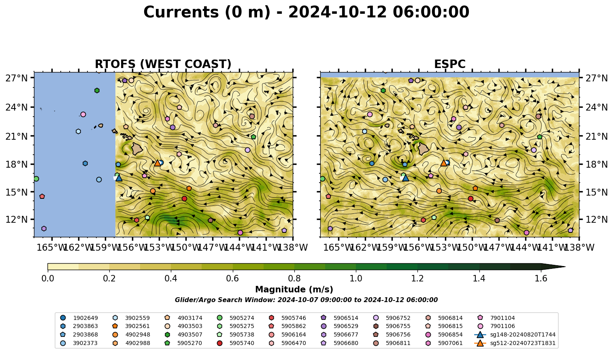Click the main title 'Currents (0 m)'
pyautogui.click(x=207, y=12)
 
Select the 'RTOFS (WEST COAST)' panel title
pyautogui.click(x=163, y=64)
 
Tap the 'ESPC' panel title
pyautogui.click(x=449, y=64)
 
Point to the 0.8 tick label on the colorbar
pyautogui.click(x=294, y=279)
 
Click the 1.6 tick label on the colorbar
pyautogui.click(x=541, y=279)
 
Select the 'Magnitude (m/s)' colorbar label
pyautogui.click(x=294, y=290)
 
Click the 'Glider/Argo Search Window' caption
pyautogui.click(x=306, y=300)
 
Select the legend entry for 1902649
pyautogui.click(x=79, y=318)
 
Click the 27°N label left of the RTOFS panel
pyautogui.click(x=17, y=78)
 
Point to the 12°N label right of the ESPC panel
pyautogui.click(x=596, y=219)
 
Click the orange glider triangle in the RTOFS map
pyautogui.click(x=158, y=163)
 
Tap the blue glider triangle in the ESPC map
pyautogui.click(x=406, y=178)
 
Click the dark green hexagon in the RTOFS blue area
pyautogui.click(x=97, y=91)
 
